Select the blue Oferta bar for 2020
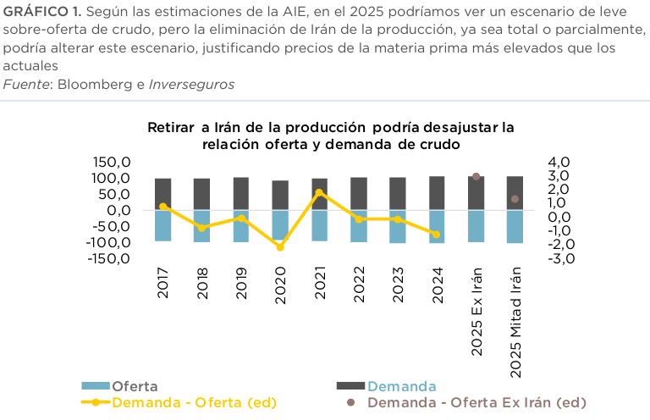click(x=280, y=224)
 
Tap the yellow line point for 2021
click(x=319, y=192)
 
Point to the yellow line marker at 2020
click(x=280, y=247)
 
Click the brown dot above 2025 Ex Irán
click(x=476, y=176)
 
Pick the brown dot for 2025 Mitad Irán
click(x=515, y=199)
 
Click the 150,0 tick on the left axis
click(x=112, y=162)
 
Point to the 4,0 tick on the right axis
click(x=559, y=162)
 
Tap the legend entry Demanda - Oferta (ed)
click(x=194, y=401)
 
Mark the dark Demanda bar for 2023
click(x=398, y=193)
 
